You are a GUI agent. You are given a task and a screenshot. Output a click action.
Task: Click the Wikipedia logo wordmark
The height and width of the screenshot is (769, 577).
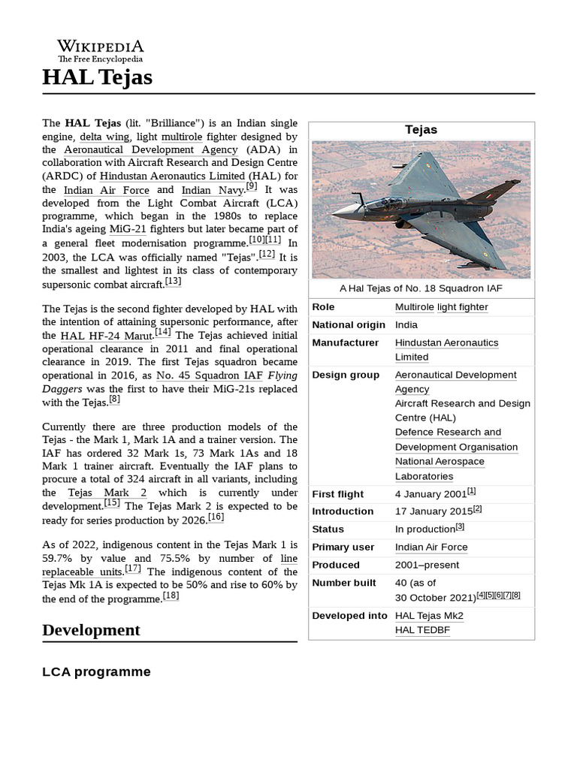(101, 47)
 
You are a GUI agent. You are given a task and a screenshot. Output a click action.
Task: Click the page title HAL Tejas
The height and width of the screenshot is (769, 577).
(97, 77)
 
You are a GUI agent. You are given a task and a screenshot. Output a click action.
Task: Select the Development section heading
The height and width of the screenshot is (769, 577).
(91, 629)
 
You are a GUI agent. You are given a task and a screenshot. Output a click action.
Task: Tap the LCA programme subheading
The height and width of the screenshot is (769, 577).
(96, 671)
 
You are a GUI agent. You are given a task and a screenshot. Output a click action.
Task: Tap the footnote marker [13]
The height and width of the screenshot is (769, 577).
(173, 282)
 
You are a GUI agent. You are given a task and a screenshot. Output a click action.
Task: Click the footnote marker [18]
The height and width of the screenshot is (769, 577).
(171, 596)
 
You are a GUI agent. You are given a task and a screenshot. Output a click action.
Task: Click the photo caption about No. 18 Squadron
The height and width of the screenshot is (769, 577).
(421, 288)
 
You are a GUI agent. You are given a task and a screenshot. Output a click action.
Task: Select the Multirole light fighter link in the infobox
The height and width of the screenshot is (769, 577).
(441, 307)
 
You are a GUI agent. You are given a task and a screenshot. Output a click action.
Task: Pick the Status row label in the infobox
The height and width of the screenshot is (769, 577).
(328, 529)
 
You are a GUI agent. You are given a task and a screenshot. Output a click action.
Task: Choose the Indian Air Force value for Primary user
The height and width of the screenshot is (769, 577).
(431, 547)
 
